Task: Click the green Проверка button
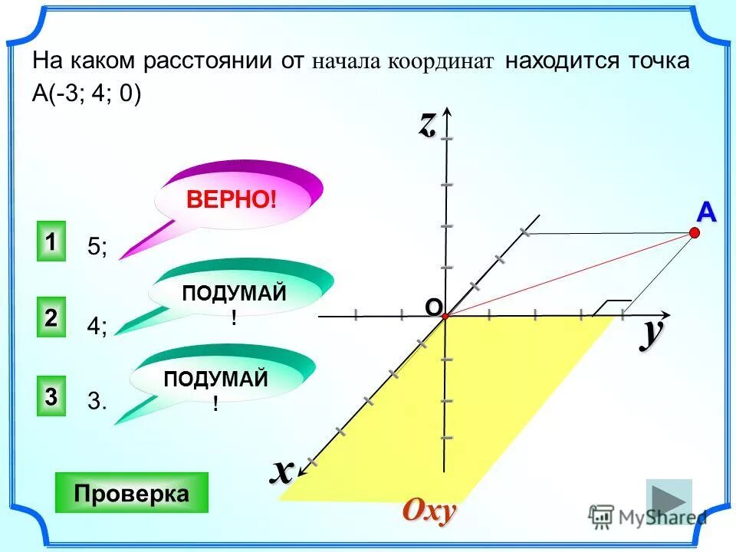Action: click(132, 493)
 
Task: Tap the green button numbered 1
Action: click(50, 242)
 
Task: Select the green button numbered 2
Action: click(50, 319)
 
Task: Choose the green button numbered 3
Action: click(50, 396)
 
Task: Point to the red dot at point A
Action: click(695, 234)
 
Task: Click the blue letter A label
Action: click(705, 214)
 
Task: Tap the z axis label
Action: click(426, 124)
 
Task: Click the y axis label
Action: click(651, 333)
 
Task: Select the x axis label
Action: click(281, 470)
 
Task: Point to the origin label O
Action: click(433, 307)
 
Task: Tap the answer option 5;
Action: click(97, 247)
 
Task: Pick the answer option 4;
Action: click(97, 326)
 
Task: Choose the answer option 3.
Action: click(97, 402)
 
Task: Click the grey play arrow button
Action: click(669, 501)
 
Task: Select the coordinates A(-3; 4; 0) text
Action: click(87, 92)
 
